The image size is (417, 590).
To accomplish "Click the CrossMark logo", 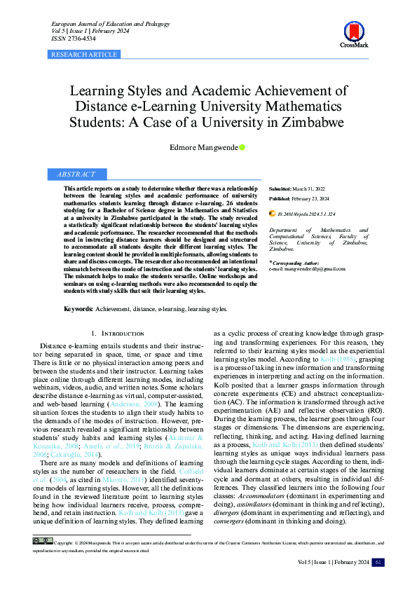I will tap(354, 34).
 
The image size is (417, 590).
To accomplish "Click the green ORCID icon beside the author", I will tap(242, 148).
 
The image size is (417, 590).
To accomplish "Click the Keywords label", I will tap(78, 308).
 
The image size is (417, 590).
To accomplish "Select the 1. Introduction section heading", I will tap(118, 334).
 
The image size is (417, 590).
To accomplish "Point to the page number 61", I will tap(378, 562).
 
